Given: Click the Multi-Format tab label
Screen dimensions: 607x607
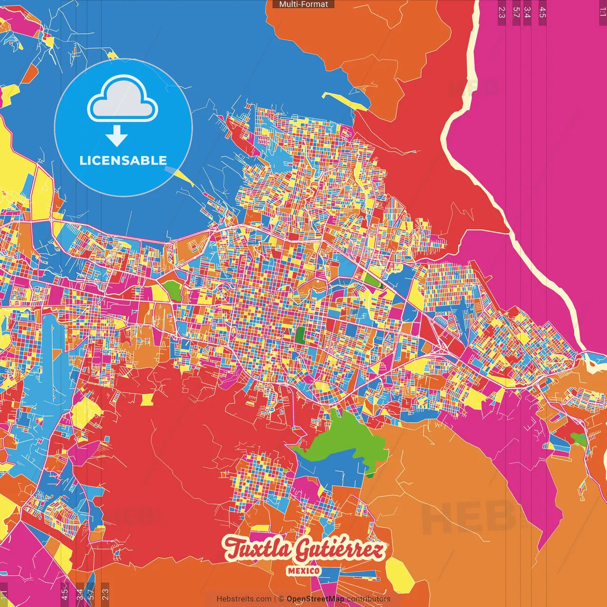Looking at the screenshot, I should (x=303, y=4).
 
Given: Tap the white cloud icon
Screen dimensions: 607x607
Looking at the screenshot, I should (x=123, y=99).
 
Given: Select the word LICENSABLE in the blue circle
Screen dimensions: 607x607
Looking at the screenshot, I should (x=123, y=160).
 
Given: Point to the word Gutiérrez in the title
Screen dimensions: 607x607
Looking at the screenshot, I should (x=339, y=550).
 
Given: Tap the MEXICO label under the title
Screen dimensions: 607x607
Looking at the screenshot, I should (x=303, y=570).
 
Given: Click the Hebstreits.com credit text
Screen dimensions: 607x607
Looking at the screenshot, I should (x=244, y=599).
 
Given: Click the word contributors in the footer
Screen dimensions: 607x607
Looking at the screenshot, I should (x=368, y=599).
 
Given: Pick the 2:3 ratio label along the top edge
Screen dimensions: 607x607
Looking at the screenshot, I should (x=502, y=12).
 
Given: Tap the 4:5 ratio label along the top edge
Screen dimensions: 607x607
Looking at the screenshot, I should (x=543, y=12).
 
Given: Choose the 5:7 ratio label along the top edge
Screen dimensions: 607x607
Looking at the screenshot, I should (x=516, y=12).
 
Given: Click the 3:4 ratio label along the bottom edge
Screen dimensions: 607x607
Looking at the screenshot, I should (x=80, y=594).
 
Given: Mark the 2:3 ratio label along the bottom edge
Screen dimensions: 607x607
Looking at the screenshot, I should (x=105, y=594).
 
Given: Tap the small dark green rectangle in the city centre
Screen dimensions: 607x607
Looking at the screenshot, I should (x=300, y=334).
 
